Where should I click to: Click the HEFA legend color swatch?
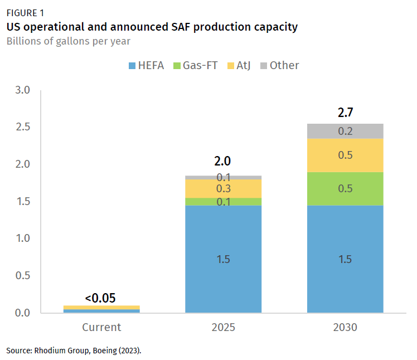(x=133, y=66)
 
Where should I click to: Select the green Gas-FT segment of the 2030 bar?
(x=345, y=188)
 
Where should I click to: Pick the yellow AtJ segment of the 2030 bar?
(x=345, y=155)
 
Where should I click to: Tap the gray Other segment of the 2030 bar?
(x=345, y=131)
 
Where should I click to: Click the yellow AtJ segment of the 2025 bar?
(x=223, y=188)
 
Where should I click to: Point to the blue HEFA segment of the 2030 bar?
(x=345, y=259)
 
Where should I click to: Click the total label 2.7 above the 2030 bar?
(x=345, y=113)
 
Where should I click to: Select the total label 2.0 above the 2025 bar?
(x=223, y=162)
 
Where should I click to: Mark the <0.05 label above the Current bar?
(x=100, y=298)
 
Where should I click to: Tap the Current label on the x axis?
(x=101, y=327)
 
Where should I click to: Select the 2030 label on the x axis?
(x=345, y=327)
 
